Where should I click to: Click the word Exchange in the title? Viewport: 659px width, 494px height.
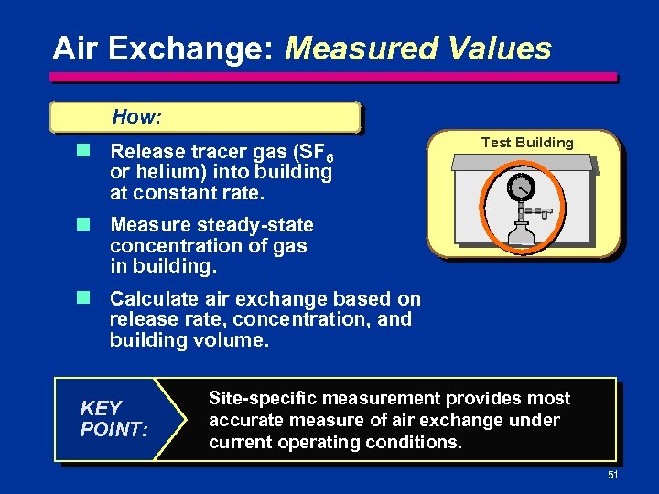coord(198,48)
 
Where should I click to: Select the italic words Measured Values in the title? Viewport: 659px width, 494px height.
coord(418,48)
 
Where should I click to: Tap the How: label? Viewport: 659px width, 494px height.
coord(136,117)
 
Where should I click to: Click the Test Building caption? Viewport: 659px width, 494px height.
coord(527,143)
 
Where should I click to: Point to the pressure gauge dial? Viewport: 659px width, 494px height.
coord(522,188)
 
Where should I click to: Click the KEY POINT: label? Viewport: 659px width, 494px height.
coord(113,418)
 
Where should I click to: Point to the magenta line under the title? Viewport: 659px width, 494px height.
coord(334,77)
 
